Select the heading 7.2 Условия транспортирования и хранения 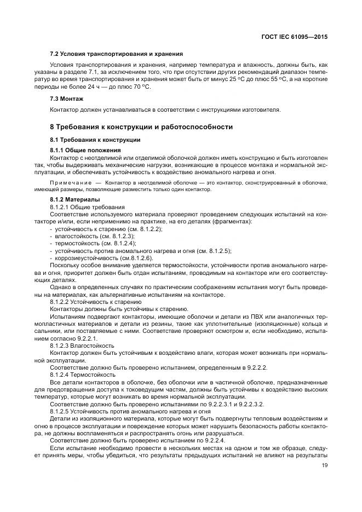pyautogui.click(x=116, y=54)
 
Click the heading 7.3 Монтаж pyautogui.click(x=67, y=99)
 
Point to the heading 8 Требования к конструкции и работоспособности pyautogui.click(x=141, y=127)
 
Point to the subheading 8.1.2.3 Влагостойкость pyautogui.click(x=82, y=346)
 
